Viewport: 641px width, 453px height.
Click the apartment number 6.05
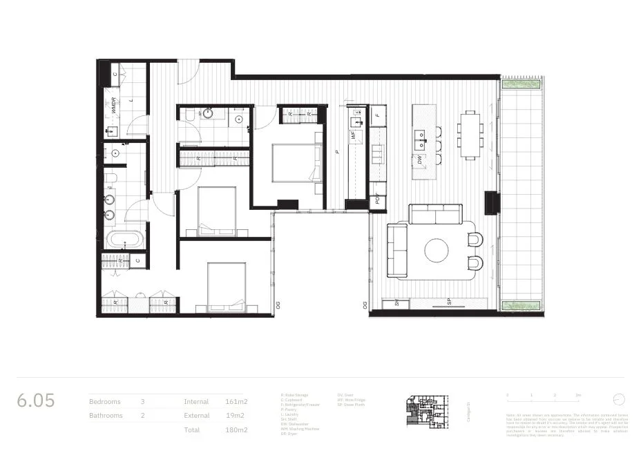pyautogui.click(x=36, y=401)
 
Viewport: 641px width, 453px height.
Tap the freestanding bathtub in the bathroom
pyautogui.click(x=126, y=240)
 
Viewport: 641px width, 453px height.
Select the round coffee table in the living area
pyautogui.click(x=437, y=250)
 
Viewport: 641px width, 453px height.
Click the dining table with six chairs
pyautogui.click(x=470, y=135)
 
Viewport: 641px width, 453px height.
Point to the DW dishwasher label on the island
pyautogui.click(x=419, y=160)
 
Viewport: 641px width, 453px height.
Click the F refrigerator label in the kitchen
pyautogui.click(x=377, y=115)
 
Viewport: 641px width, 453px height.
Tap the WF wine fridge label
pyautogui.click(x=354, y=137)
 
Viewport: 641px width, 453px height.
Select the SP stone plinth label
pyautogui.click(x=448, y=302)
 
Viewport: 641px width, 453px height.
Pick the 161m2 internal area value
pyautogui.click(x=236, y=401)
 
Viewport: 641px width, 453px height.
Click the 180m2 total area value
pyautogui.click(x=236, y=430)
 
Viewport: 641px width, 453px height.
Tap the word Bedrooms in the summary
pyautogui.click(x=105, y=401)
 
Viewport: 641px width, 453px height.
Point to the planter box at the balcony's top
pyautogui.click(x=521, y=84)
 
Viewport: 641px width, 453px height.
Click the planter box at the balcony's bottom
pyautogui.click(x=521, y=305)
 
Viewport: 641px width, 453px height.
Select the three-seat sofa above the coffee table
pyautogui.click(x=435, y=214)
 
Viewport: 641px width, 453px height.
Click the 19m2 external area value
pyautogui.click(x=236, y=416)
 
